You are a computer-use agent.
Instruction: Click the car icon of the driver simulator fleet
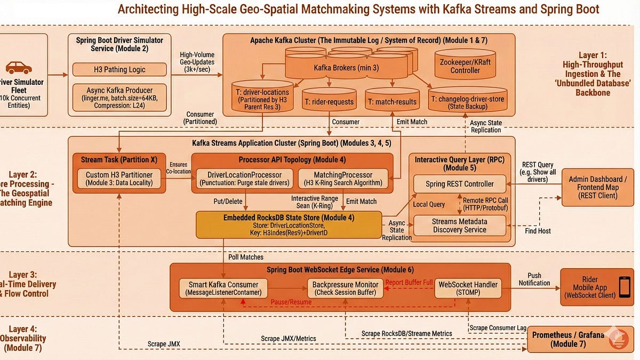pos(18,68)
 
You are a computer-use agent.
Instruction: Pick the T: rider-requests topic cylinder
pos(329,100)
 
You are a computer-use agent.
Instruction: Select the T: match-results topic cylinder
pos(391,100)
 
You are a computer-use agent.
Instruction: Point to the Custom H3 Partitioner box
pos(119,179)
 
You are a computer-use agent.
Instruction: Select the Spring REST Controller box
pos(459,184)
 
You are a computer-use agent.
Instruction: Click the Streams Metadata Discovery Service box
pos(459,225)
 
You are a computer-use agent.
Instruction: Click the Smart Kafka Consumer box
pos(223,288)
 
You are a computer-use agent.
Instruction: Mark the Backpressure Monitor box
pos(346,288)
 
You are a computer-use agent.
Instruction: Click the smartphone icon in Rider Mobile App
pos(623,287)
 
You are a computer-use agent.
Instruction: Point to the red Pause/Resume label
pos(291,302)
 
